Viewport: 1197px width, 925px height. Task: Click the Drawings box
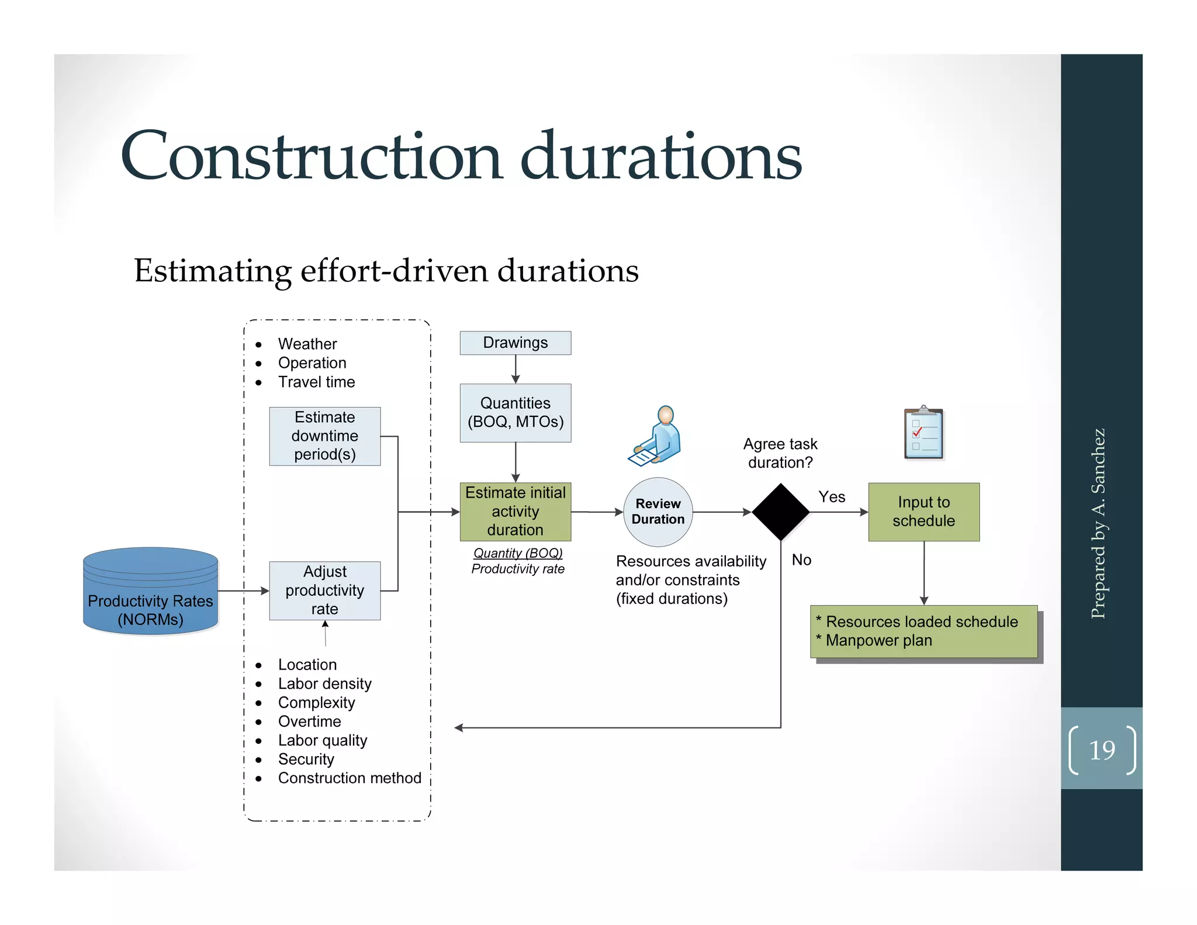pos(515,343)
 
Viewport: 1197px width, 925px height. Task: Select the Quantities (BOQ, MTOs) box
pos(515,413)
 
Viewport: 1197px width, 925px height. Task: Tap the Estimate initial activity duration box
pos(515,512)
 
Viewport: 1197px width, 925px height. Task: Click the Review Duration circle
pos(658,512)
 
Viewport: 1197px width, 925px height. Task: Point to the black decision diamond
pos(780,512)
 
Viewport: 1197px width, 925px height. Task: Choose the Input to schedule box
pos(923,512)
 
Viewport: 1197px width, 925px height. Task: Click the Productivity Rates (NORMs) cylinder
pos(150,592)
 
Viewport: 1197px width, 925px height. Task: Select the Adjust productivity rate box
pos(324,591)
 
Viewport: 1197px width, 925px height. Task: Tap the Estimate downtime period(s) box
pos(324,436)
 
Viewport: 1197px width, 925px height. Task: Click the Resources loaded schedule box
pos(923,631)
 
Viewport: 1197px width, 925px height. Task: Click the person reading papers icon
pos(656,436)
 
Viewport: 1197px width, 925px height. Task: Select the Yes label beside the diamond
pos(831,497)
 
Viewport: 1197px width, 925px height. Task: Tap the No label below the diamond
pos(801,560)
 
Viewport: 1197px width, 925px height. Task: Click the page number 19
pos(1102,750)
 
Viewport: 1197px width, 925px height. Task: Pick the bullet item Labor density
pos(324,684)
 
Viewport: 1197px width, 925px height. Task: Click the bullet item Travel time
pos(316,382)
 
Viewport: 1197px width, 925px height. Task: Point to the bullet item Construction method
pos(349,778)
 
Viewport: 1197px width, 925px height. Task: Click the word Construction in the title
pos(312,157)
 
